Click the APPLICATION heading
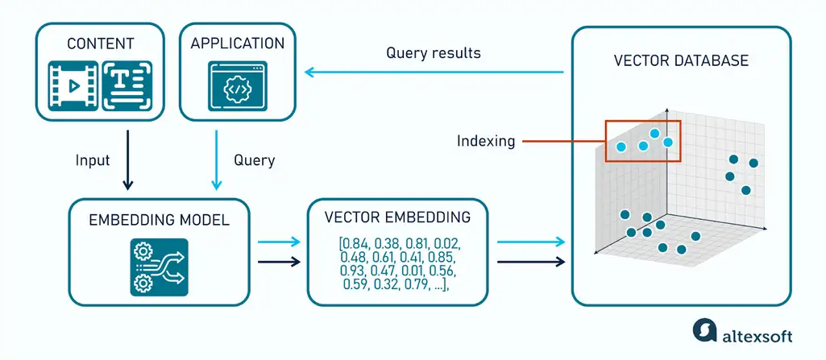(238, 43)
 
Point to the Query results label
(433, 53)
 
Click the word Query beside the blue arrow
(254, 160)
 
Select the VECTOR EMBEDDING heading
(397, 217)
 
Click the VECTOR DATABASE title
(681, 60)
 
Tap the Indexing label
(485, 141)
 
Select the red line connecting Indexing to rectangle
(563, 142)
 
